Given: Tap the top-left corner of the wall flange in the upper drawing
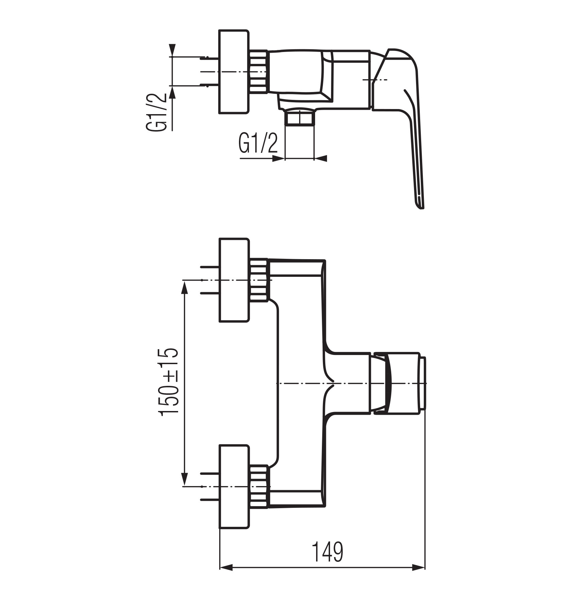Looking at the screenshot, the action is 219,30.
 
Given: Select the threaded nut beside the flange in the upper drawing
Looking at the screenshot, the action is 259,72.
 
